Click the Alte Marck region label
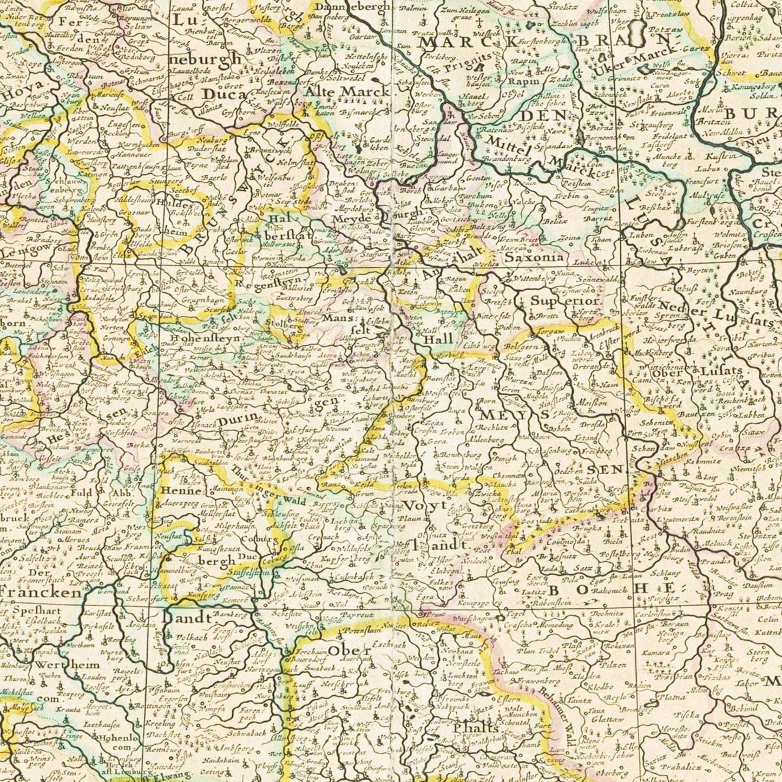[x=347, y=91]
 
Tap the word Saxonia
[x=534, y=258]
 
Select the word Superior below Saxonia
[x=565, y=301]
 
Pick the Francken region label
[x=41, y=592]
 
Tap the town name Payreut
[x=357, y=615]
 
